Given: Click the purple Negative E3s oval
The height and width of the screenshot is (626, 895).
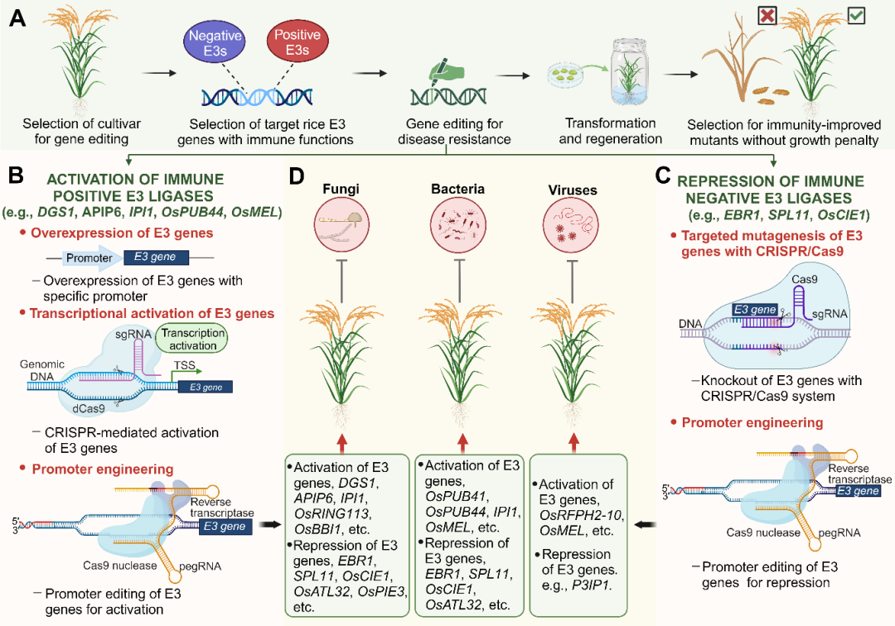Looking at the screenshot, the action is tap(215, 43).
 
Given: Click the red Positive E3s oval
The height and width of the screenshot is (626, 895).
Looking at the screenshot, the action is tap(298, 41).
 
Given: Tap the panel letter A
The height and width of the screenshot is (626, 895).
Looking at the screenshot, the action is tap(17, 18).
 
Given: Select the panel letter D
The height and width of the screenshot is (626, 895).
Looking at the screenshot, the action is tap(297, 176).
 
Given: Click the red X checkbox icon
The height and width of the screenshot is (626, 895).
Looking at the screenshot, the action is tap(767, 16).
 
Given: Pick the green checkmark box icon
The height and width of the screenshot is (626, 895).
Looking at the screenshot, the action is tap(855, 16).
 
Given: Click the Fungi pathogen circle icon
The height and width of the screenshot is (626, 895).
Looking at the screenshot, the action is tap(341, 225).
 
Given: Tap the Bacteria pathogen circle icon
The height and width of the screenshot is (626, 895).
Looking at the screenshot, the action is tap(458, 225).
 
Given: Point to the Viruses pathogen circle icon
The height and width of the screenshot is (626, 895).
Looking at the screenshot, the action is tap(572, 225).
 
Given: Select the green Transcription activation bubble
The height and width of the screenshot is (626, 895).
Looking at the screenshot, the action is tap(193, 339).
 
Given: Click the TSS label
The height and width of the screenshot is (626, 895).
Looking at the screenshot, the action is tap(184, 365).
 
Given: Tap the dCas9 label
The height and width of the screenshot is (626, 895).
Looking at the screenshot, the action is tap(89, 408).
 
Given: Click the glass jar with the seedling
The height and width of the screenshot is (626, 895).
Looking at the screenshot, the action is tap(629, 72).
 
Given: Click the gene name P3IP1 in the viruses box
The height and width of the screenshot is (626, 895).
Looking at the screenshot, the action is tap(592, 585).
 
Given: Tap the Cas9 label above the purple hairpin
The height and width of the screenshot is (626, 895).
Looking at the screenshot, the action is tap(804, 279).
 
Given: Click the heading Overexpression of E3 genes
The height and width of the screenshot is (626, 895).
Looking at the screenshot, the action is tap(122, 234).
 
